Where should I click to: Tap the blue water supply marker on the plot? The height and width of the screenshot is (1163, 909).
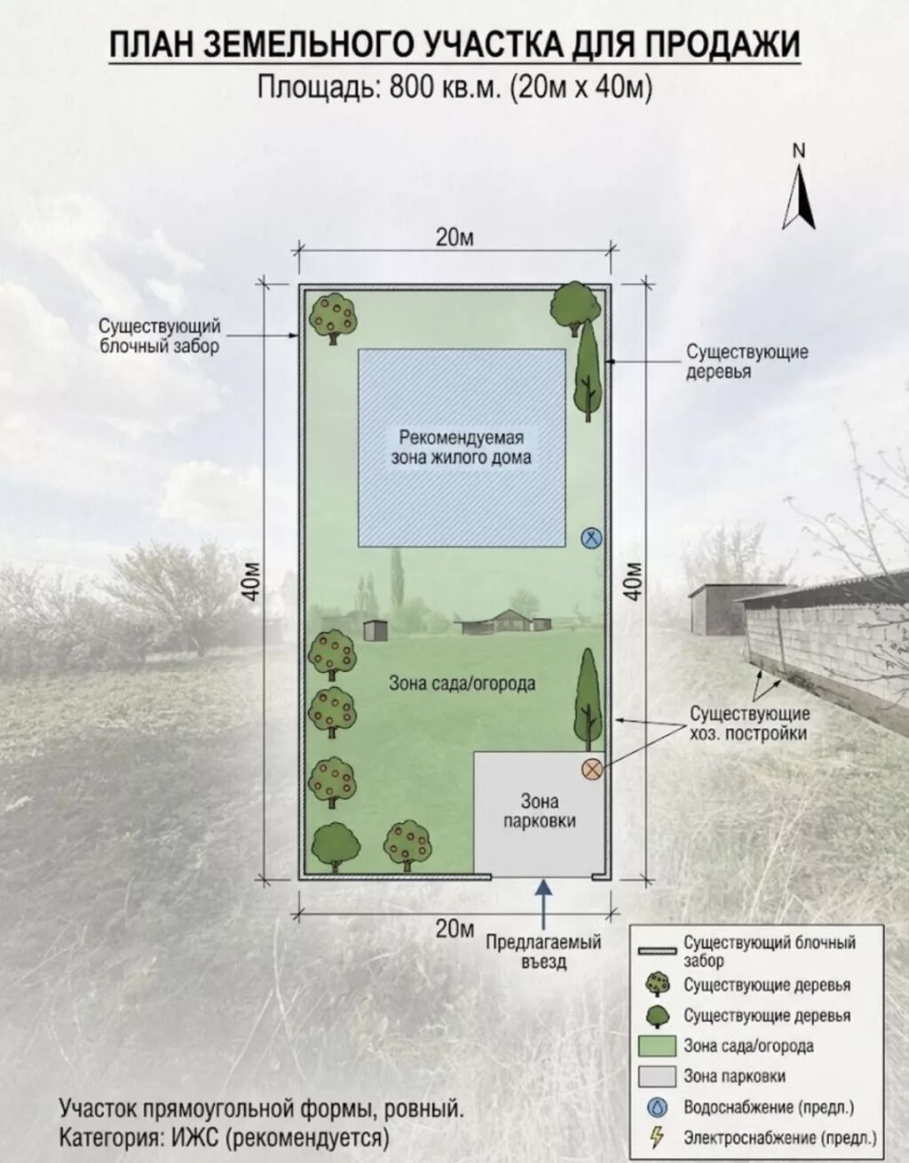[592, 537]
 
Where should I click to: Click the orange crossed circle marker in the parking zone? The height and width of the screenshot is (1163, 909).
[592, 770]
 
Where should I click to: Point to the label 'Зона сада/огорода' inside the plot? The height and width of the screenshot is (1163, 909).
[462, 684]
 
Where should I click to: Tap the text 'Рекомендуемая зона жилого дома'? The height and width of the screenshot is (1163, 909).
[462, 447]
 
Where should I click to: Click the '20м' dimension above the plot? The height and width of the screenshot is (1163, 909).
[454, 238]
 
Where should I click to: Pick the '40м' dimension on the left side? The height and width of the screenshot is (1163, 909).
[255, 581]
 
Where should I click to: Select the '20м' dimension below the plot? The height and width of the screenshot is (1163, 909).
[454, 930]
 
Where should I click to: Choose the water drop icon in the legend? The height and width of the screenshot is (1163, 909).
[657, 1106]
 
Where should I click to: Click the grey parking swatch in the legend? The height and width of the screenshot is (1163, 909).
[657, 1076]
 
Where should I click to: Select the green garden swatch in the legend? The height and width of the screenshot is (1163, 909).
[657, 1046]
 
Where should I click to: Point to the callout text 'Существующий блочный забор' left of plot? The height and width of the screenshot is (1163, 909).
[160, 336]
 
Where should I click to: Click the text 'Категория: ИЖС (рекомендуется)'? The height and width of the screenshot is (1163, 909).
[224, 1138]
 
